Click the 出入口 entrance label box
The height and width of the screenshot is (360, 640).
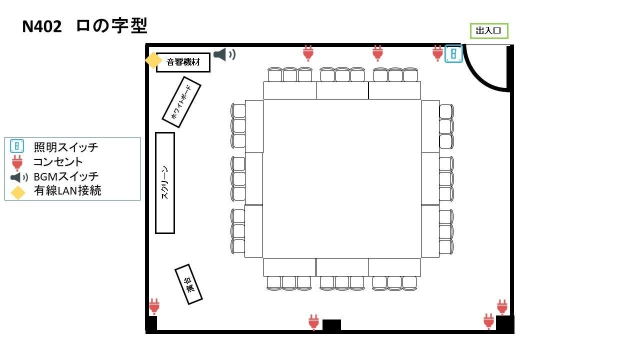click(489, 31)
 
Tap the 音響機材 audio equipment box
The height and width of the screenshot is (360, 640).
click(183, 62)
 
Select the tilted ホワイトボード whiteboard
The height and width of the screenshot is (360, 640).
click(181, 102)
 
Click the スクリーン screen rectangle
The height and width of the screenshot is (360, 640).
click(165, 183)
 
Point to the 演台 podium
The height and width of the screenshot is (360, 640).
click(188, 284)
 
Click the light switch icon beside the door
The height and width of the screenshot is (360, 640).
click(453, 54)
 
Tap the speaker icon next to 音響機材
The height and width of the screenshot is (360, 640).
click(224, 54)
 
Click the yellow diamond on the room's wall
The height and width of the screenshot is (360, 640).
click(153, 60)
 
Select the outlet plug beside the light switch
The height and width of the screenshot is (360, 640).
click(437, 53)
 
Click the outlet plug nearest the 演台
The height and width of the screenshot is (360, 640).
click(154, 306)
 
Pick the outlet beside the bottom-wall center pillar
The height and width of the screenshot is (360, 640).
click(313, 322)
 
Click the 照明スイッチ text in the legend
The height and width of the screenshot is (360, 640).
click(65, 147)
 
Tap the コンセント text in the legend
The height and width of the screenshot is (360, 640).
click(58, 162)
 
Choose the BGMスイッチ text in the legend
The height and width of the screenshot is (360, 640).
click(66, 176)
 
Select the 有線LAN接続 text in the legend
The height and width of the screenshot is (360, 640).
click(67, 190)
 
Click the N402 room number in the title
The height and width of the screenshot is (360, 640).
click(41, 26)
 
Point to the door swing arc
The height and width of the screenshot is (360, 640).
click(477, 77)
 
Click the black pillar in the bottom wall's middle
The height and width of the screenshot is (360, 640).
click(331, 325)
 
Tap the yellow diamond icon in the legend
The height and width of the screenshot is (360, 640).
click(17, 192)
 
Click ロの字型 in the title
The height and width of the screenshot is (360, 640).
click(111, 25)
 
